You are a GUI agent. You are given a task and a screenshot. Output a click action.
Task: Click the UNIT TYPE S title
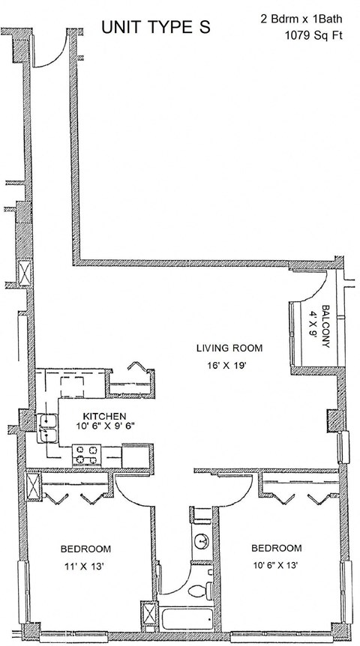[x=156, y=28]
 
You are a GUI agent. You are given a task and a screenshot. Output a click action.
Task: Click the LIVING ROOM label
[x=229, y=348]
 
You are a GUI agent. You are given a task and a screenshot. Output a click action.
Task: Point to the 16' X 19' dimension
[x=229, y=365]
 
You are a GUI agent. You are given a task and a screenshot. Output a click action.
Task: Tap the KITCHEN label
[x=104, y=417]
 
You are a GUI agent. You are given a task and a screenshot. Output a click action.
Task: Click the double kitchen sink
[x=49, y=429]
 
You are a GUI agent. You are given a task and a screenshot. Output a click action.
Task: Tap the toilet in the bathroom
[x=198, y=591]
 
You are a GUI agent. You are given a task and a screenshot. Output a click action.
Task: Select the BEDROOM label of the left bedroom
[x=85, y=549]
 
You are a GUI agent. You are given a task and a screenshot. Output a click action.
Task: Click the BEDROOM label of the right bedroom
[x=276, y=549]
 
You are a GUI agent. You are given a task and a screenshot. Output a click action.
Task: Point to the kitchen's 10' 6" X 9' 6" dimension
[x=104, y=427]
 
